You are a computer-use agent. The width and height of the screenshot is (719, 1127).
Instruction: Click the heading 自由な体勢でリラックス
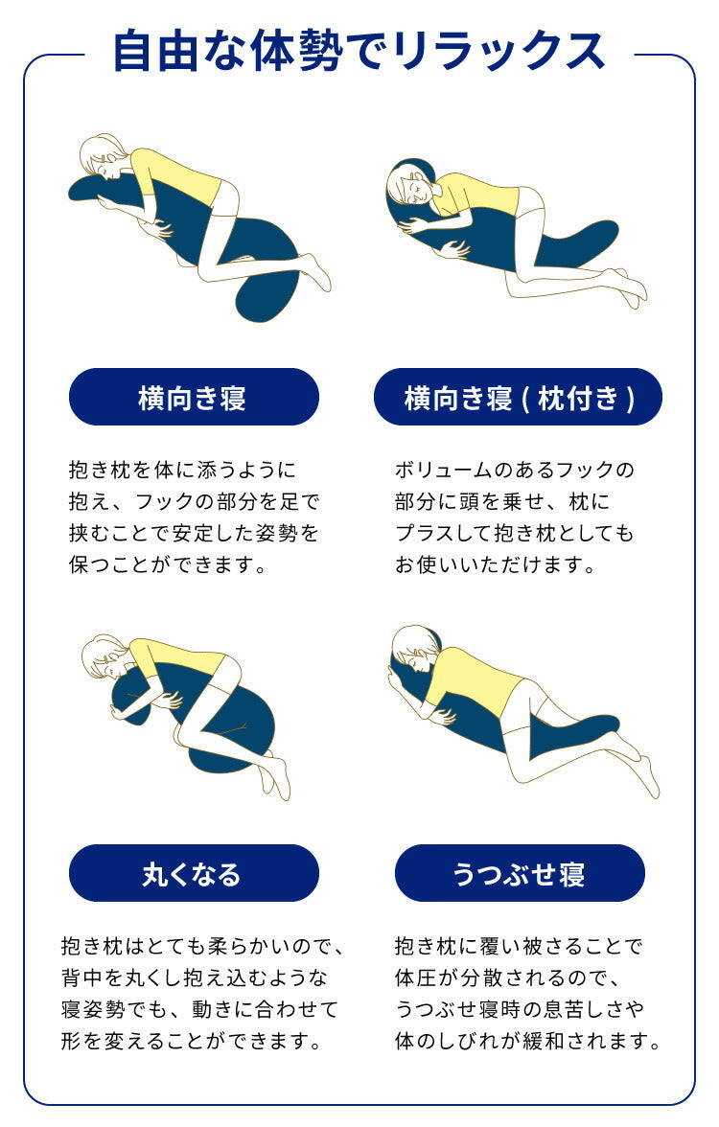(x=359, y=50)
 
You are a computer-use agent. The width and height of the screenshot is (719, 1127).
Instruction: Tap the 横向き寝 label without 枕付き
(x=194, y=397)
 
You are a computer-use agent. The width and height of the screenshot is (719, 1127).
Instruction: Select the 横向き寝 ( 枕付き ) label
(x=518, y=397)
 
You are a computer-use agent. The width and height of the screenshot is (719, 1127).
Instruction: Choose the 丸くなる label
(x=194, y=873)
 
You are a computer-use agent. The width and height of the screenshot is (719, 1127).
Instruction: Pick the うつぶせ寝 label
(x=520, y=873)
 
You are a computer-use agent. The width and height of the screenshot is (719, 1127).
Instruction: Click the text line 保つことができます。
(x=167, y=564)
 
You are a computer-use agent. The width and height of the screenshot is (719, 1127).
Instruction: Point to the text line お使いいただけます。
(x=496, y=564)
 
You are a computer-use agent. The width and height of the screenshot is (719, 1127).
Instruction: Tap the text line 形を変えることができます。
(x=190, y=1040)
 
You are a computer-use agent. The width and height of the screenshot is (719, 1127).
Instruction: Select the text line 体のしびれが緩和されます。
(x=527, y=1040)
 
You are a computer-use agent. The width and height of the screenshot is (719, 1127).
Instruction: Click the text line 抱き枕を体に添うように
(x=182, y=471)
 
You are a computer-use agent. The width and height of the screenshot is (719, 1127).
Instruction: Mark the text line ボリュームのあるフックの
(x=514, y=471)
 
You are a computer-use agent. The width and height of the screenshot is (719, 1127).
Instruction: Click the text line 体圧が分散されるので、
(x=508, y=978)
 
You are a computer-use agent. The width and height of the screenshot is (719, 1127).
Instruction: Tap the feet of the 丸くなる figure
(x=277, y=776)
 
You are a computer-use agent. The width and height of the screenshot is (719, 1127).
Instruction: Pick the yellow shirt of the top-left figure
(x=177, y=176)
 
